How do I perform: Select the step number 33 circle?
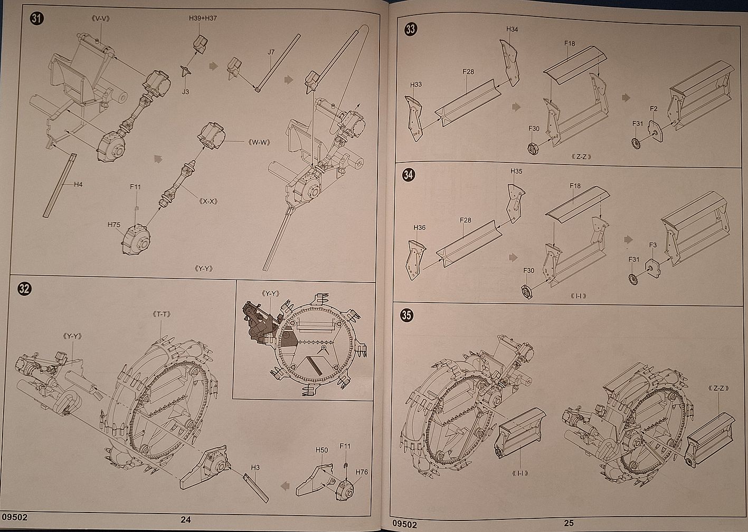[410, 30]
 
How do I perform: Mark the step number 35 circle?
[407, 315]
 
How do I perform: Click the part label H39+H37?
[203, 18]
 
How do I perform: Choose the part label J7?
[271, 52]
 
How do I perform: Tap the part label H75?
[114, 225]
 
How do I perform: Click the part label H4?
[78, 185]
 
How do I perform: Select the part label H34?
[512, 30]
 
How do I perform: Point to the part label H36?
[419, 228]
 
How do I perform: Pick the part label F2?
[654, 109]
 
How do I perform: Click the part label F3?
[653, 245]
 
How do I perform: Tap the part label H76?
[362, 472]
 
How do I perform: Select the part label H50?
[321, 450]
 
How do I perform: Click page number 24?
[185, 519]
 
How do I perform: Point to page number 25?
[568, 524]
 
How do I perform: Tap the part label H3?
[255, 467]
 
